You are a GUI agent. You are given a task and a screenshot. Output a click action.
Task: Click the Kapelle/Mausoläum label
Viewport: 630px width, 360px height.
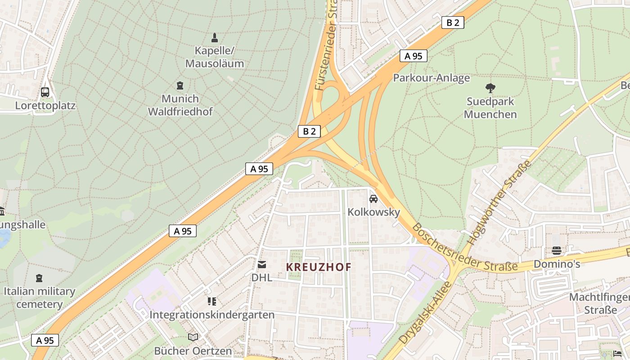215,57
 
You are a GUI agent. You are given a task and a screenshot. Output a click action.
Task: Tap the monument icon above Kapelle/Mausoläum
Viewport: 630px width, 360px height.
215,38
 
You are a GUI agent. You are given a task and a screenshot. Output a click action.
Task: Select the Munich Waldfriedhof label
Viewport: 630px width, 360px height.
180,105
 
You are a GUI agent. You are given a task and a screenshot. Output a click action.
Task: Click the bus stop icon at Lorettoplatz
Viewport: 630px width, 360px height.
45,92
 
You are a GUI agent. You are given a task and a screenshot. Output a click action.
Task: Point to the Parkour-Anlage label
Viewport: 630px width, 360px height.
431,78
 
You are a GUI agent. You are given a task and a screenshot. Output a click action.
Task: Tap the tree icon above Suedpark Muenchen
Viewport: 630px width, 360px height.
490,88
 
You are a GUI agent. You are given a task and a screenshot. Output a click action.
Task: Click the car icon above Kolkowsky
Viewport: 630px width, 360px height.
373,198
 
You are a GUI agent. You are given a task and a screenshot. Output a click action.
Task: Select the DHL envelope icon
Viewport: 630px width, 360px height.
261,265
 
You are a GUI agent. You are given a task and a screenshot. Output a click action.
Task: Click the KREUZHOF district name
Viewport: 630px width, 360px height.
319,267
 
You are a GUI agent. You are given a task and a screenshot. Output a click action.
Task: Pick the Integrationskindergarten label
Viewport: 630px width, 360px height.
211,315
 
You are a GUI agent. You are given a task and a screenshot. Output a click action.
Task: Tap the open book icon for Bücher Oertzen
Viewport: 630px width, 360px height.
193,337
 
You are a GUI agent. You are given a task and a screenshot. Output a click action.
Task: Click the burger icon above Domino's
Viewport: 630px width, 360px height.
557,251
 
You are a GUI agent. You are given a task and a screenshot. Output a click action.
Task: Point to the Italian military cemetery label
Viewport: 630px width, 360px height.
40,297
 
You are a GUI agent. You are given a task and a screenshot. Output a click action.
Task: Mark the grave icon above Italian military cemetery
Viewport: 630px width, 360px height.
40,278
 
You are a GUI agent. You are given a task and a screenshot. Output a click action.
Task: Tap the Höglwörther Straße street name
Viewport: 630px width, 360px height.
499,203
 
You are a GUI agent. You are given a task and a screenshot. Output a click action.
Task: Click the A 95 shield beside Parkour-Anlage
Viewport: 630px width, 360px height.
413,56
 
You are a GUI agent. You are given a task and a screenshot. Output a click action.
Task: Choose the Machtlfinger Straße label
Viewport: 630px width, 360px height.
599,304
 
